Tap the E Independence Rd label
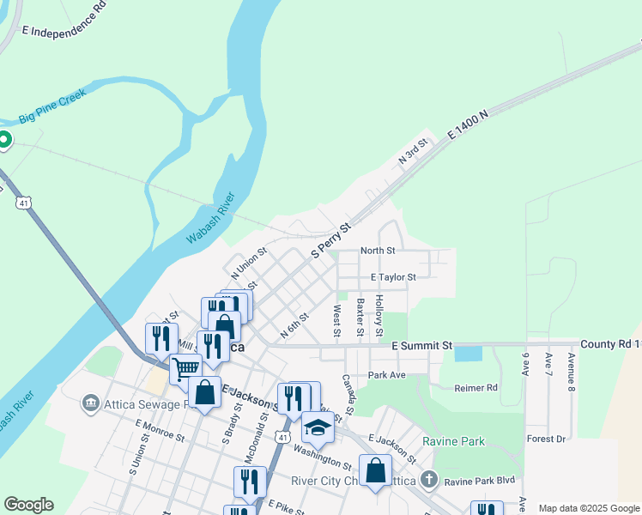[64, 19]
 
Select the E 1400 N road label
[468, 124]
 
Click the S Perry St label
[331, 240]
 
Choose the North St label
[378, 251]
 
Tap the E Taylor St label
[393, 277]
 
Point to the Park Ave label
[385, 375]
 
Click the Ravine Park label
[453, 442]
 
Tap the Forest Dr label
[548, 439]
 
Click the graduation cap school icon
[318, 427]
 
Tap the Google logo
[28, 505]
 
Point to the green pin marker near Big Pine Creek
[3, 140]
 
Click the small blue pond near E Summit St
[467, 353]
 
